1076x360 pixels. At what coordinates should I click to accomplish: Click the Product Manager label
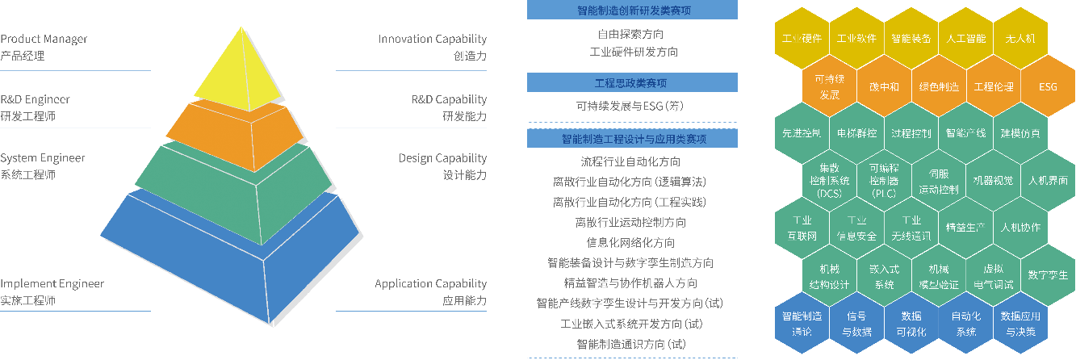(44, 47)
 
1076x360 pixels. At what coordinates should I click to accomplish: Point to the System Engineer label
(43, 166)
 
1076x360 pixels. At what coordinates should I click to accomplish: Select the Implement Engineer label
(52, 291)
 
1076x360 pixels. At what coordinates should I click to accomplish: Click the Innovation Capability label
(433, 47)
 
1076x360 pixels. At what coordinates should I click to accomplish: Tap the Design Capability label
(442, 166)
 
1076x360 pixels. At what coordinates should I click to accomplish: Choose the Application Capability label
(431, 291)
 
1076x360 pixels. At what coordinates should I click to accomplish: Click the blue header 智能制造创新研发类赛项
(632, 10)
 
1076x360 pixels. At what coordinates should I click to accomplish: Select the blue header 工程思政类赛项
(632, 82)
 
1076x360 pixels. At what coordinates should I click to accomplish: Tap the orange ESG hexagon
(1048, 86)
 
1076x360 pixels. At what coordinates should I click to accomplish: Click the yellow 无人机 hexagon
(1020, 38)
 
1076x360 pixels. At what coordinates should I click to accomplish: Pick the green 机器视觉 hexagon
(993, 181)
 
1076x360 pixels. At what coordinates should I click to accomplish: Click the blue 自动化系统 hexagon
(966, 324)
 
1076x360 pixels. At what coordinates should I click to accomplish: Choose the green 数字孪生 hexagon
(1048, 274)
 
